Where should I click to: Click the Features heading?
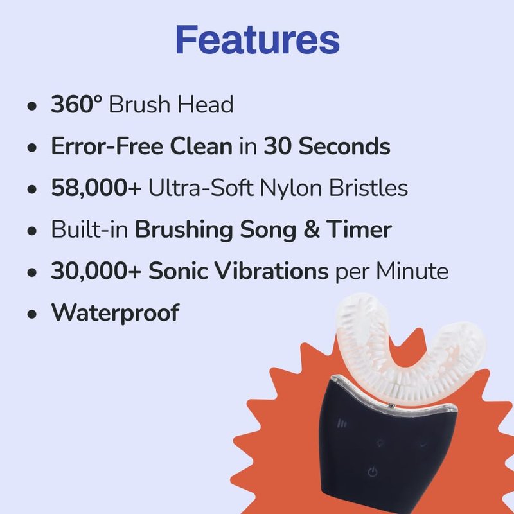click(x=258, y=40)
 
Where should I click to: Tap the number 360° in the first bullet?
click(x=76, y=104)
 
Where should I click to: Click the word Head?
click(x=206, y=104)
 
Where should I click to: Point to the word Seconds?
click(x=344, y=146)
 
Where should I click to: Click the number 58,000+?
click(x=96, y=188)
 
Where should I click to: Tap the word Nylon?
click(x=290, y=188)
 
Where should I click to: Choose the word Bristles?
click(x=368, y=188)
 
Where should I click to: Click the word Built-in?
click(x=89, y=229)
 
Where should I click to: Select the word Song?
click(x=268, y=231)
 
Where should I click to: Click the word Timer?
click(x=359, y=229)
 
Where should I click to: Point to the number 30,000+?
click(x=96, y=271)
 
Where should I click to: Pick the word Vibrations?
click(x=238, y=270)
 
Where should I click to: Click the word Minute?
click(x=412, y=270)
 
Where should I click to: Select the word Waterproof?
click(x=115, y=313)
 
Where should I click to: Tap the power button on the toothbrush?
click(x=373, y=472)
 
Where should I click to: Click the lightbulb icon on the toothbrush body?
click(x=380, y=444)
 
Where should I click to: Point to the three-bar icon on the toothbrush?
click(x=342, y=423)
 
